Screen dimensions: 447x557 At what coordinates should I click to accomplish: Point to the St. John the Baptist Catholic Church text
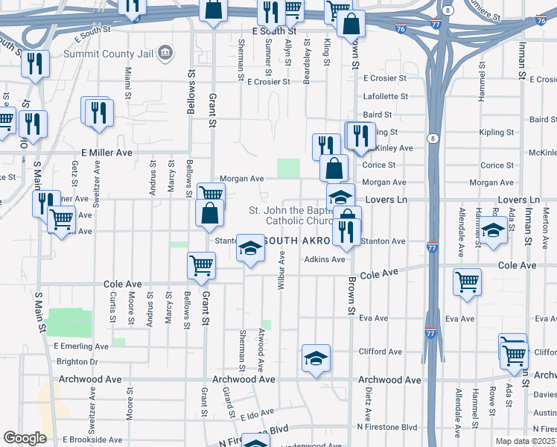296,215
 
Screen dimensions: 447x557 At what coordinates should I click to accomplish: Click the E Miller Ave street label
106,152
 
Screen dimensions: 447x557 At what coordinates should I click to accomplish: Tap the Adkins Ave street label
324,259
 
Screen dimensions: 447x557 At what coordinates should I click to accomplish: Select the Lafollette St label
385,96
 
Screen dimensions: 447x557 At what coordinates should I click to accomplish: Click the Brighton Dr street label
77,361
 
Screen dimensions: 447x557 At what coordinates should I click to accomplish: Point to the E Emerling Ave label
81,346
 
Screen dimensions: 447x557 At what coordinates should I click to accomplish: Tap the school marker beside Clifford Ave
316,358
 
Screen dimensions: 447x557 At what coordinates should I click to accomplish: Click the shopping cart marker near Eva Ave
467,282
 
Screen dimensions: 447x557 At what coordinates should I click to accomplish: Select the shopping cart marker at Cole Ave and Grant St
202,264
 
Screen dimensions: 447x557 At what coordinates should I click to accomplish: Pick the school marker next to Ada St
493,230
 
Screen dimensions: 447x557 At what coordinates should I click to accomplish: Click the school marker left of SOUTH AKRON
250,247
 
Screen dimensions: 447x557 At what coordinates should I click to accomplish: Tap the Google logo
25,438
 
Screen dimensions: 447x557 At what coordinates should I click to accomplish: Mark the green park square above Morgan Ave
289,168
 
